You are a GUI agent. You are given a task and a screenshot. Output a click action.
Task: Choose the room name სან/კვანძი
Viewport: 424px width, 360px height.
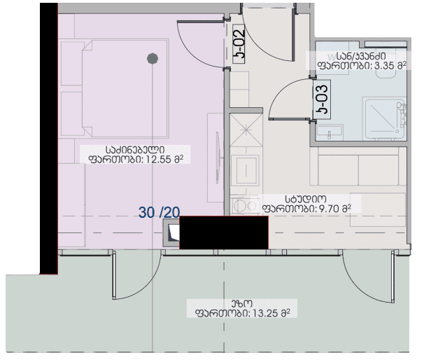point(360,55)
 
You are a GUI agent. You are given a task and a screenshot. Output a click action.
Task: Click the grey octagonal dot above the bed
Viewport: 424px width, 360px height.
point(151,60)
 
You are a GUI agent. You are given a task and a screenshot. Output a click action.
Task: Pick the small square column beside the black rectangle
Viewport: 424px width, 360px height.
point(171,234)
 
